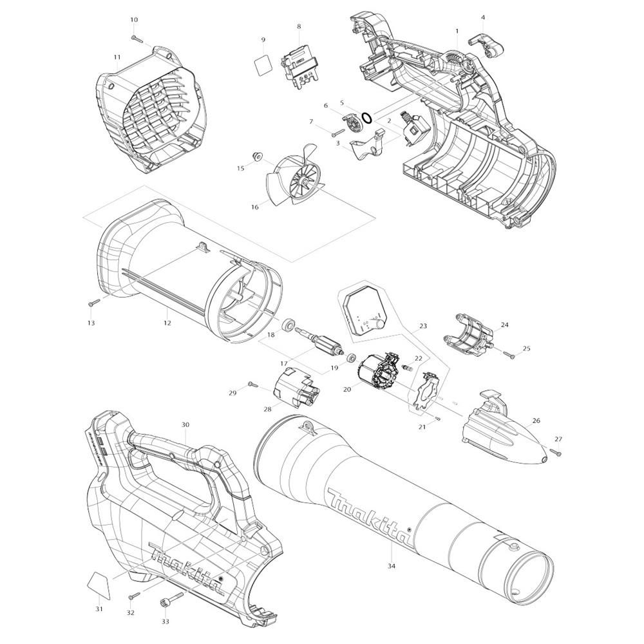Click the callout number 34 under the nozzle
coord(392,566)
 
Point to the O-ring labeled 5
coord(367,118)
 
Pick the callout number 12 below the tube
coord(167,323)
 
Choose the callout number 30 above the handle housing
coord(185,424)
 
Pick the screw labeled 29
coord(252,385)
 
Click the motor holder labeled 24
coord(468,334)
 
